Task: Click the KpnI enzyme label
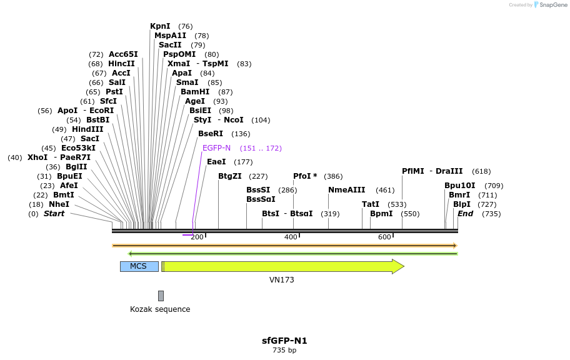[x=160, y=26]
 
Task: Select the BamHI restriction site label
[x=195, y=92]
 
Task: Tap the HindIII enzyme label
[x=87, y=129]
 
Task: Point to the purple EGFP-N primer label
[x=216, y=148]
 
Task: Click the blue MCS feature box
[x=139, y=266]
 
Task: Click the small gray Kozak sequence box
[x=161, y=296]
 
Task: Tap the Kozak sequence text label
[x=160, y=309]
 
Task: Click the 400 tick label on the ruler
[x=291, y=237]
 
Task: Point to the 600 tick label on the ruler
[x=384, y=237]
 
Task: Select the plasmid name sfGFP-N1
[x=284, y=341]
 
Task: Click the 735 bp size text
[x=284, y=351]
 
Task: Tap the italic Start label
[x=54, y=214]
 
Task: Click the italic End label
[x=466, y=214]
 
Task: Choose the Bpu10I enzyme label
[x=459, y=186]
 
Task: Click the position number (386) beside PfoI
[x=332, y=176]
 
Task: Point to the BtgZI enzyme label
[x=229, y=176]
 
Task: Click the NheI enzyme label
[x=59, y=204]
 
